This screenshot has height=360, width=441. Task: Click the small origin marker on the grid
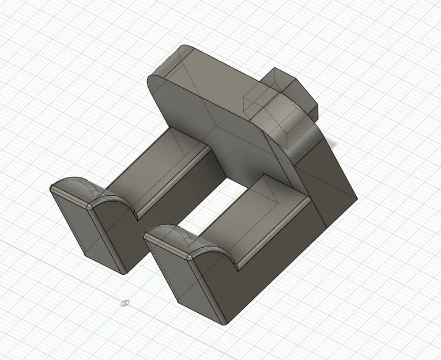coord(125,302)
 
